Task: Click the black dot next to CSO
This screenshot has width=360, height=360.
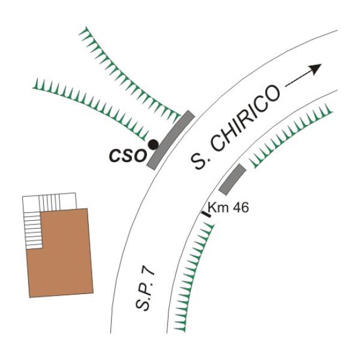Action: point(153,145)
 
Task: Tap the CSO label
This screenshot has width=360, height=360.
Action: point(128,156)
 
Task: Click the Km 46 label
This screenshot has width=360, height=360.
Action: point(228,208)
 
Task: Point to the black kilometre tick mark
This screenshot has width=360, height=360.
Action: point(206,214)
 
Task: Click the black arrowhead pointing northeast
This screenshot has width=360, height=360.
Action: point(315,69)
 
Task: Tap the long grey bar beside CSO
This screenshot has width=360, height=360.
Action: point(171,140)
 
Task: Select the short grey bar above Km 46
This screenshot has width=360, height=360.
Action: point(232,179)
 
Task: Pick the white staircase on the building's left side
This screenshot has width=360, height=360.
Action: point(34,230)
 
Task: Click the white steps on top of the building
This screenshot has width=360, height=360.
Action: point(49,202)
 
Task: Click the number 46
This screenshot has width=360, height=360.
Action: point(240,208)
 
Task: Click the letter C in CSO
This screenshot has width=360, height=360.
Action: point(115,157)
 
